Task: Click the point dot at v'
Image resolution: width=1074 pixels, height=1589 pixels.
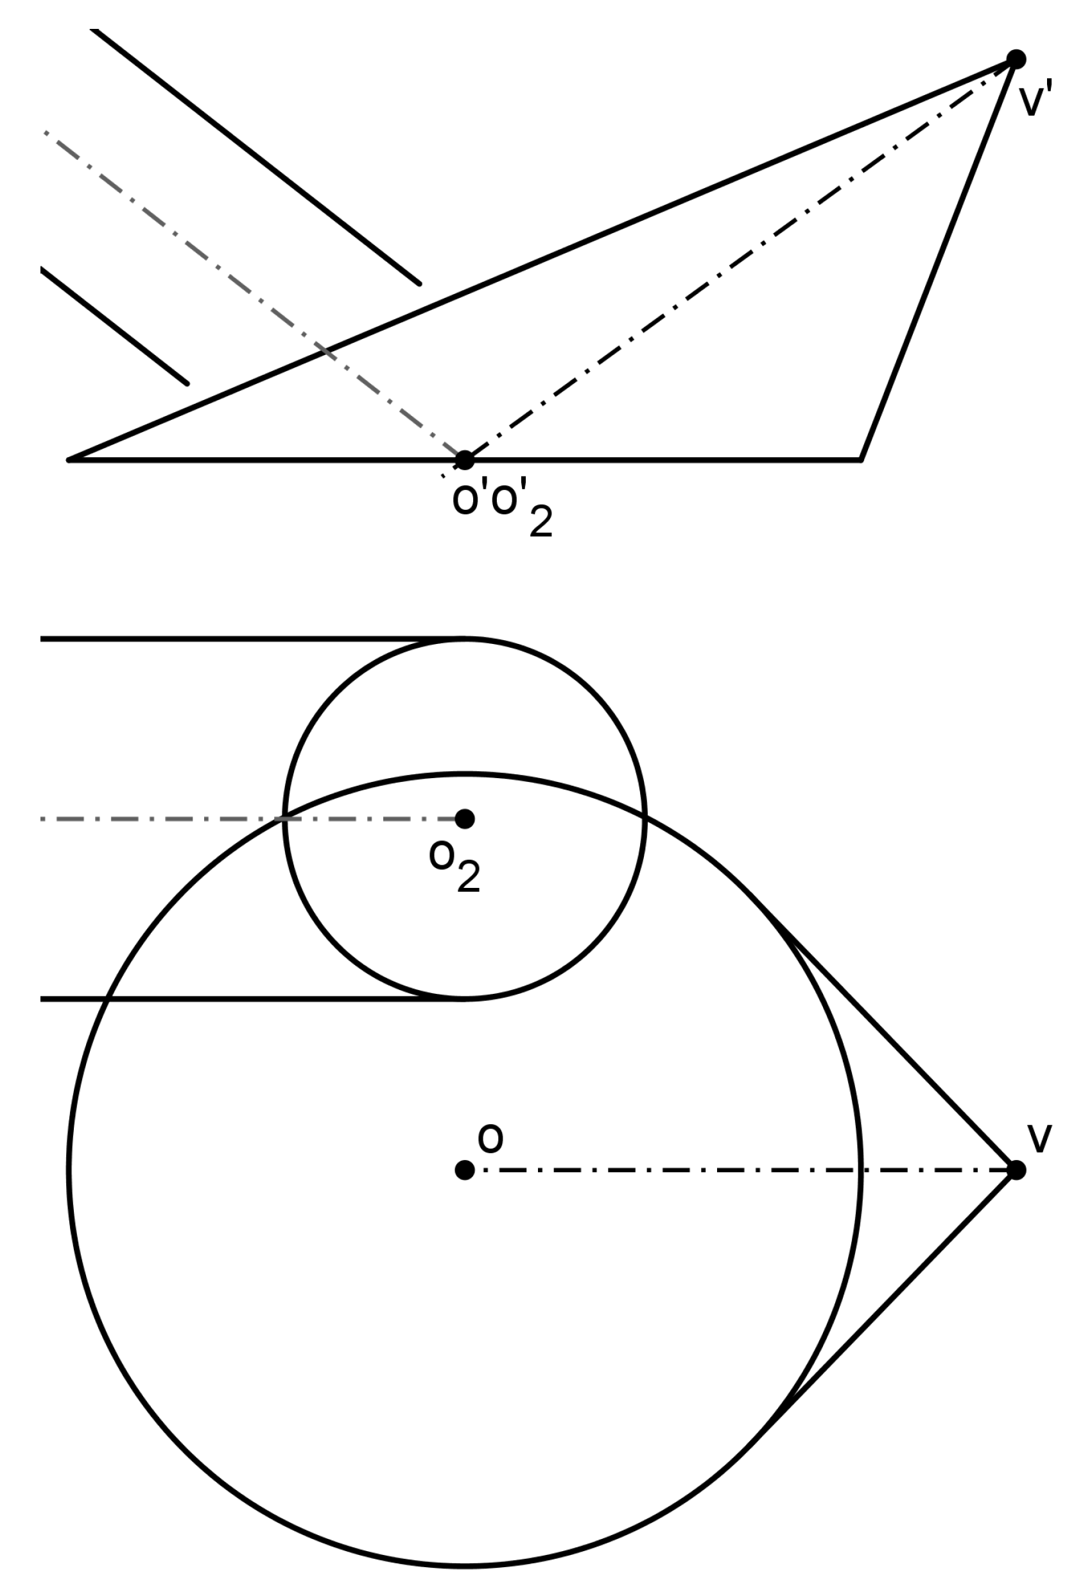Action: coord(1016,60)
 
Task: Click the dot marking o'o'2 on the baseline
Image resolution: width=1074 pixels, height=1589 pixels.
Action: coord(464,460)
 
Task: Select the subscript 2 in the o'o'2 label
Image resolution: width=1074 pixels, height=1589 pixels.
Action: coord(541,523)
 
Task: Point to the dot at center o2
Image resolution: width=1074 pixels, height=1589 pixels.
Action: coord(464,819)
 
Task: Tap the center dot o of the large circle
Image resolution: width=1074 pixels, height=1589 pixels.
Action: coord(464,1170)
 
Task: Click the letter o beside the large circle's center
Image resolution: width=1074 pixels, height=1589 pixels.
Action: coord(490,1138)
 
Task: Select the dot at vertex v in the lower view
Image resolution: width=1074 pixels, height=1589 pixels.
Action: coord(1016,1170)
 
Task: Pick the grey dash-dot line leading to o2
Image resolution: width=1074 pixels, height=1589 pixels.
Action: coord(205,819)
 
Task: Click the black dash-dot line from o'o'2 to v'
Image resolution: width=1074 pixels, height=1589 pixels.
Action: coord(738,262)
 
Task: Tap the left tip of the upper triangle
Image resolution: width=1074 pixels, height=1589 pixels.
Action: coord(70,460)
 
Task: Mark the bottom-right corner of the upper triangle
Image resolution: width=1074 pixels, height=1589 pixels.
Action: coord(860,460)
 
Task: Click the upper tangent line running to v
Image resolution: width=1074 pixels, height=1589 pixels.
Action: coord(882,1036)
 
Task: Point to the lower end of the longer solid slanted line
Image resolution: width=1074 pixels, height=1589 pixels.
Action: coord(419,283)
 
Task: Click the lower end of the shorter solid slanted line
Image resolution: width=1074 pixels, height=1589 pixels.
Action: coord(187,383)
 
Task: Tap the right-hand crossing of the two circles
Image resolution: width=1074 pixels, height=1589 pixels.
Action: coord(644,813)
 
